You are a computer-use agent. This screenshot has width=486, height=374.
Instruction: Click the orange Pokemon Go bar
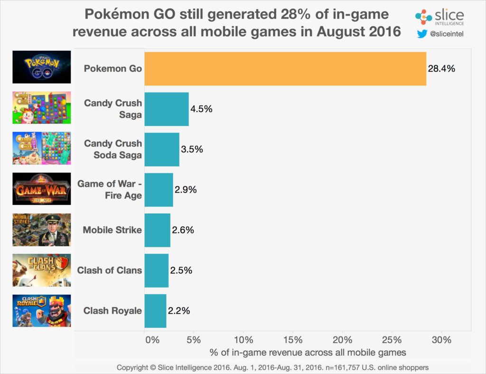coord(285,69)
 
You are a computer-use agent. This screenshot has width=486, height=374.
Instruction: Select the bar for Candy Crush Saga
coord(167,109)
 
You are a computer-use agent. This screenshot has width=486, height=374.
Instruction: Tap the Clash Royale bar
coord(155,311)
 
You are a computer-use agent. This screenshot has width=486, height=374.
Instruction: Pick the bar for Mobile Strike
coord(157,230)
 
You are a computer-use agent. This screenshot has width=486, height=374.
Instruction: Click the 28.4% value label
coord(442,69)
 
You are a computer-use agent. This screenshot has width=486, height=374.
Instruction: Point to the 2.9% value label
coord(186,190)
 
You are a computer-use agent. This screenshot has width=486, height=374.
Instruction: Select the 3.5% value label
coord(192,150)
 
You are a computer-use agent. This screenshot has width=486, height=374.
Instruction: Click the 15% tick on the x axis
coord(292,340)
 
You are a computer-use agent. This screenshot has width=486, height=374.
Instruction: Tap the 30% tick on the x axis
coord(441,340)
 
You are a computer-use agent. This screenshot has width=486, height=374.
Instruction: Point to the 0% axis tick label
coord(152,340)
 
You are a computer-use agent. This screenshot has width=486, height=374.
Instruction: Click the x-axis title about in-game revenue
coord(308,353)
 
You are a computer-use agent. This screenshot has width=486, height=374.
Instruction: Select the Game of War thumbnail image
coord(42,189)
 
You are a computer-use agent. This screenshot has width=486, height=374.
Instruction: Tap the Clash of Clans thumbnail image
coord(42,270)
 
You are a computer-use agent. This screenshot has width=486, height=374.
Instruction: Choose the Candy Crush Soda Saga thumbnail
coord(42,148)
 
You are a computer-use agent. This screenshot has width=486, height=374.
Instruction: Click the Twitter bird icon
coord(421,34)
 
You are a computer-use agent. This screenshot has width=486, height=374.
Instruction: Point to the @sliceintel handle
coord(447,34)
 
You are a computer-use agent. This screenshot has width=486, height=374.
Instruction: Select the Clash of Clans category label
coord(109,271)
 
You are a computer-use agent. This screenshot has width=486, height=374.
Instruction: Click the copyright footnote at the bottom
coord(273,367)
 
